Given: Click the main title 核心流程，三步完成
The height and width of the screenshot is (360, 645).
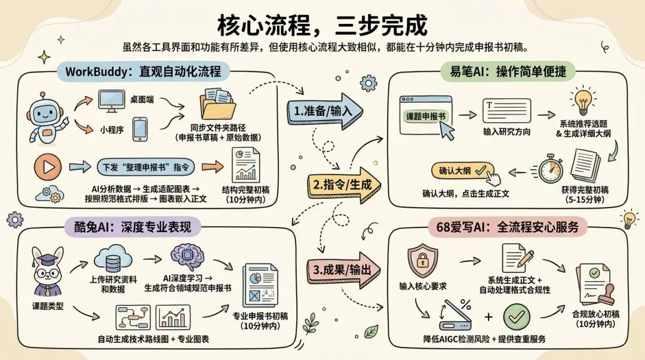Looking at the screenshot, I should pyautogui.click(x=322, y=26).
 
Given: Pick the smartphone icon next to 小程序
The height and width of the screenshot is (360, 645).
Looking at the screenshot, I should pyautogui.click(x=140, y=129).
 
